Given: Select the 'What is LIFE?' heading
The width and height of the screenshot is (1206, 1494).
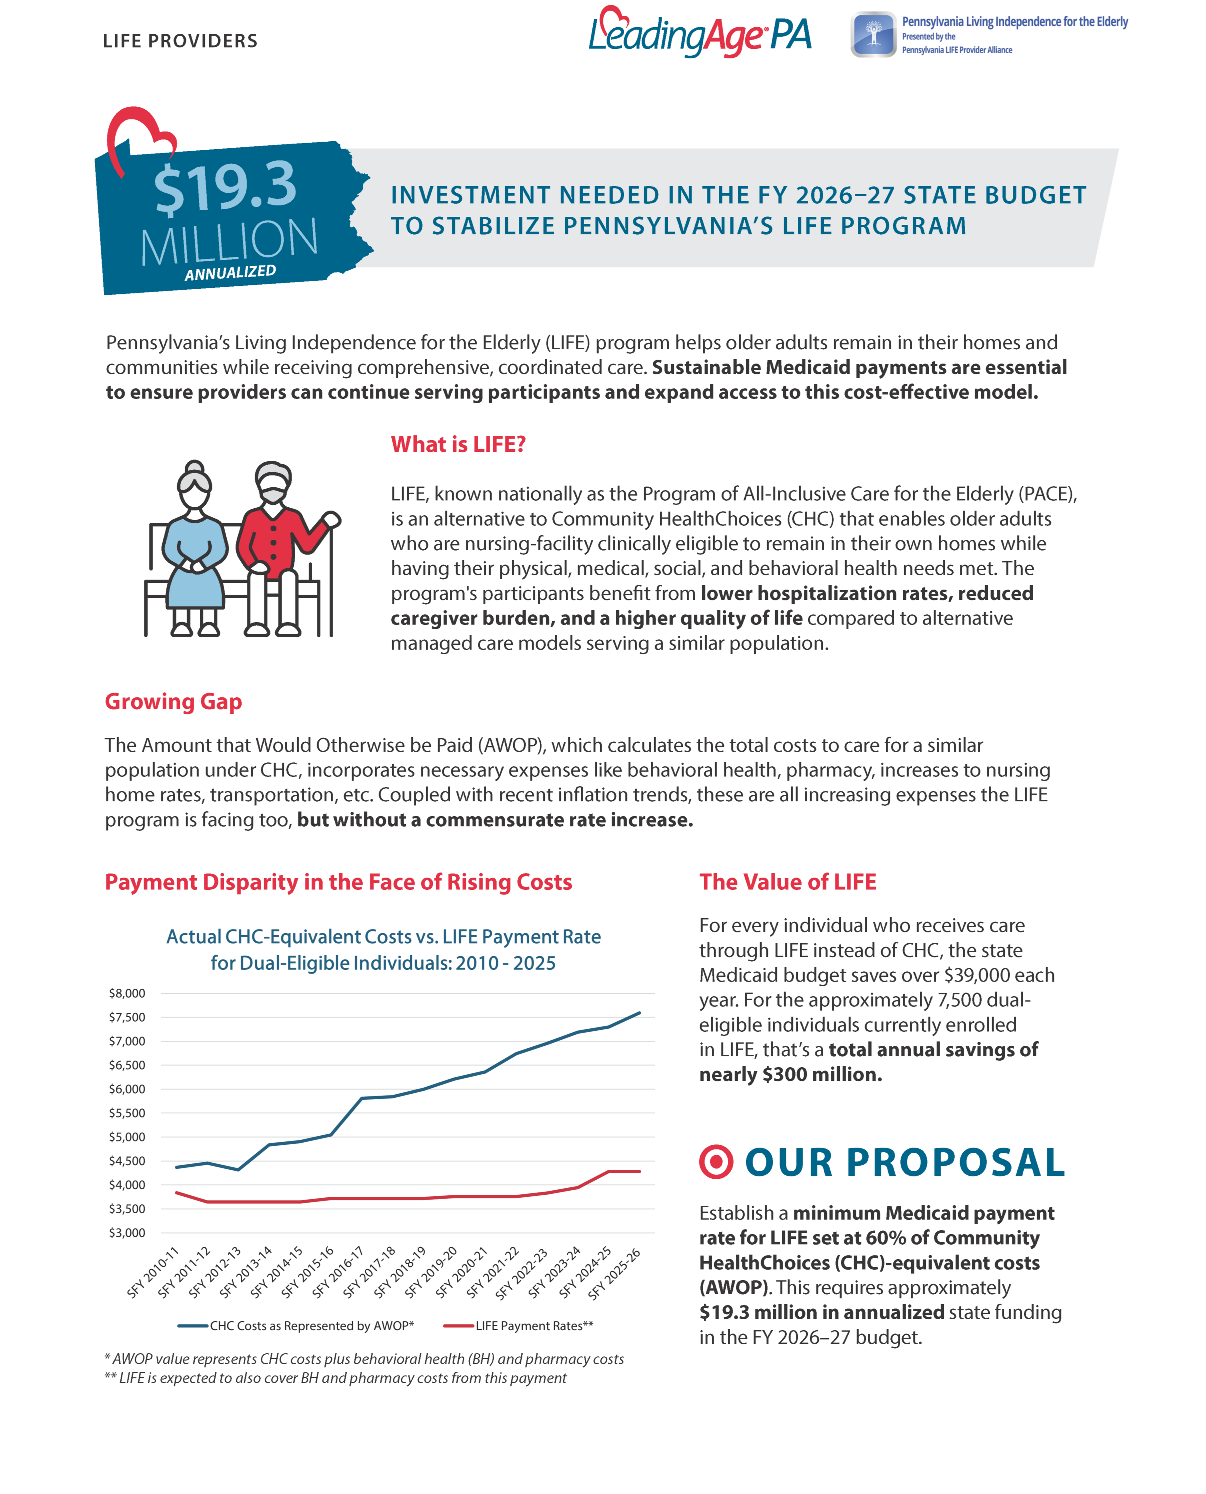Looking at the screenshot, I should tap(458, 444).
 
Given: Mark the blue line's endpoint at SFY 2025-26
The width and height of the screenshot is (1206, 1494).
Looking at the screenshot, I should tap(639, 1013).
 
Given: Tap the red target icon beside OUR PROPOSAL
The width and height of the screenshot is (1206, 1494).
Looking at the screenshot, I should tap(716, 1162).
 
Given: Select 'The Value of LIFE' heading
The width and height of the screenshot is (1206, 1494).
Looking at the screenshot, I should tap(787, 882).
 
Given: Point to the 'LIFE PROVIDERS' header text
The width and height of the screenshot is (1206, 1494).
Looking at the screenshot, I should tap(180, 41).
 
